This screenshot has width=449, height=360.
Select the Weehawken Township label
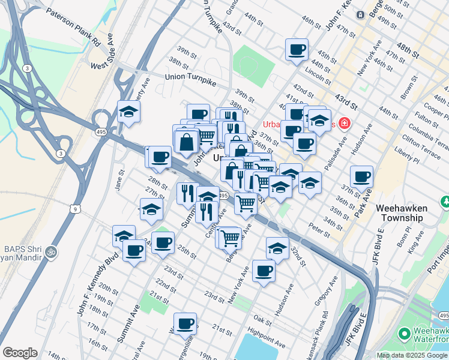[x=402, y=213]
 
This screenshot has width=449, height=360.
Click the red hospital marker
[x=345, y=124]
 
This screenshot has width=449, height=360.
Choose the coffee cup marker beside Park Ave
[x=362, y=176]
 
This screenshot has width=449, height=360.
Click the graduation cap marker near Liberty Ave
[x=128, y=111]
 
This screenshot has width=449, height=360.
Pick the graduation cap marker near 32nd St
[x=277, y=247]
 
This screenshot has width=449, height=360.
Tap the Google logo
[x=20, y=353]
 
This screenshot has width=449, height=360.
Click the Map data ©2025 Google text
[x=412, y=355]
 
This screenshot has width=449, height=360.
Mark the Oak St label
[x=262, y=317]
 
